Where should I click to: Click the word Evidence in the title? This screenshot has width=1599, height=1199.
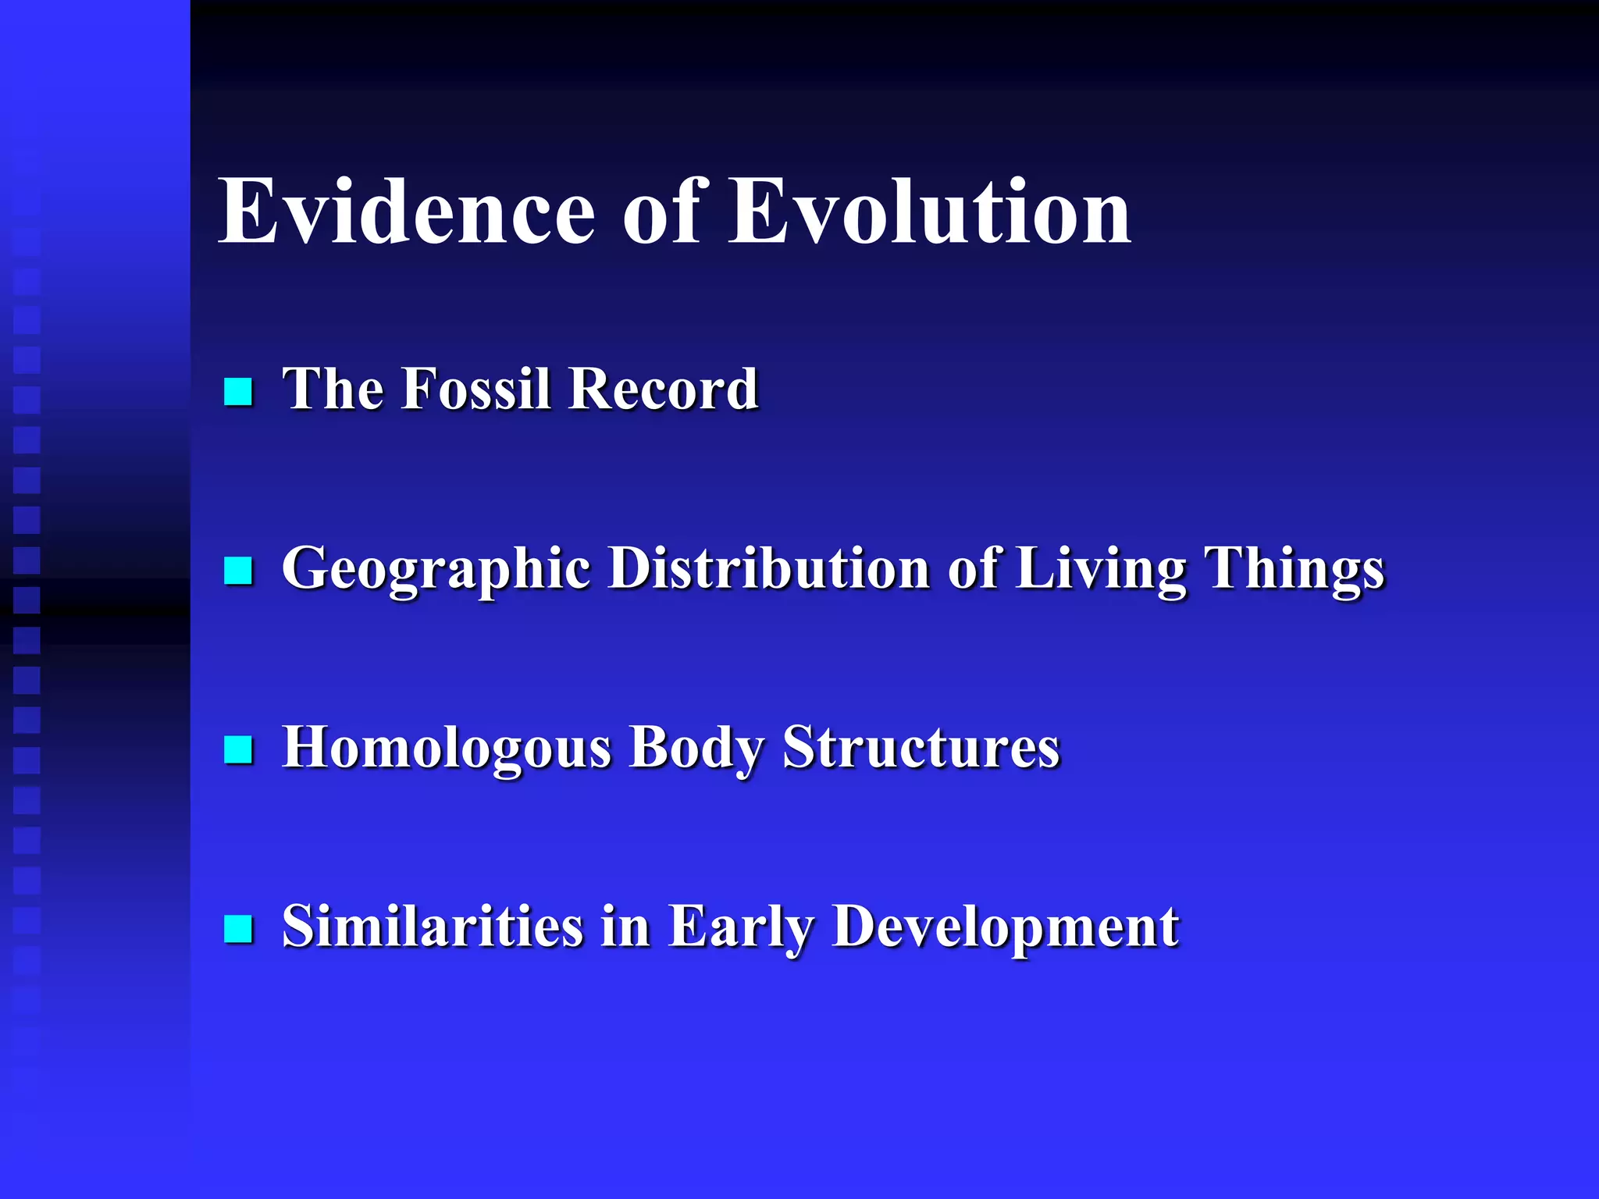point(407,212)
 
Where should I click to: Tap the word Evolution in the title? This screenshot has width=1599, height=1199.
point(929,212)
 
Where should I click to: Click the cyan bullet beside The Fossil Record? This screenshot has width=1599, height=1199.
point(238,392)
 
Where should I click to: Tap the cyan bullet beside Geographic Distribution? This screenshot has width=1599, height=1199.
point(238,571)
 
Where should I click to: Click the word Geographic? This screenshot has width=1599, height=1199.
point(436,569)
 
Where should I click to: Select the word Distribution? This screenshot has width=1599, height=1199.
point(769,567)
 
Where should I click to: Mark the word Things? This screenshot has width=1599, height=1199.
point(1295,569)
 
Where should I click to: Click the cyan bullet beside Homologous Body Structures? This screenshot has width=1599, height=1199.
point(238,749)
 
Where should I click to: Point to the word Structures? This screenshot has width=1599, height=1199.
point(921,747)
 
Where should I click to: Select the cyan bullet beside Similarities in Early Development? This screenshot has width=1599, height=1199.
point(238,929)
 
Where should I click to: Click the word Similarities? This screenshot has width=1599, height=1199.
point(433,927)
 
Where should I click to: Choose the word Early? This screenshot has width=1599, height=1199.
point(740,927)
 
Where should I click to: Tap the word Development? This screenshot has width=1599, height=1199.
point(1006,927)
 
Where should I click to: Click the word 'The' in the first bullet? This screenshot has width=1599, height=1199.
point(331,388)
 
